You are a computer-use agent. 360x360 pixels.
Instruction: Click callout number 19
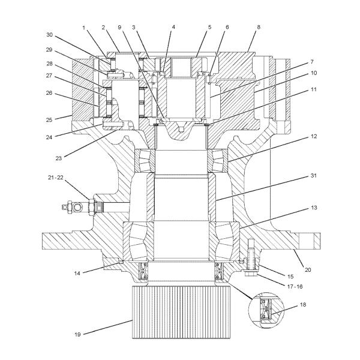click(77, 335)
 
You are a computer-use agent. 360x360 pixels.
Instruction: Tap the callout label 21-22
click(56, 178)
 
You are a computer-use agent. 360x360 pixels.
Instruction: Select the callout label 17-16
click(295, 287)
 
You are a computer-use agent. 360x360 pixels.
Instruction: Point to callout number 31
click(314, 176)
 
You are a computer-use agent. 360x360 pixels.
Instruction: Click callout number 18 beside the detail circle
click(303, 305)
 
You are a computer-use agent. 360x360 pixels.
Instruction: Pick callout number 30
click(50, 35)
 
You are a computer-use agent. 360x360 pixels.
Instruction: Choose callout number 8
click(259, 27)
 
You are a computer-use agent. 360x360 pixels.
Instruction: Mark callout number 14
click(77, 273)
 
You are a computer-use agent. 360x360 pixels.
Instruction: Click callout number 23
click(59, 158)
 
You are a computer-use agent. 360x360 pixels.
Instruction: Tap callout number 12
click(314, 136)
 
